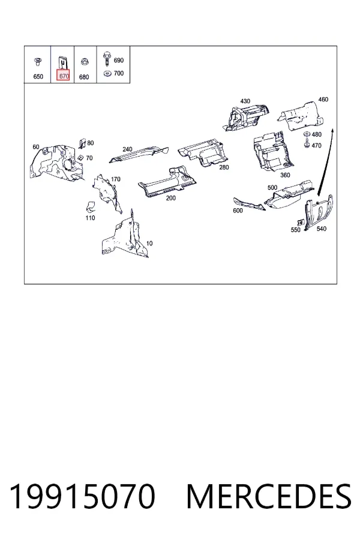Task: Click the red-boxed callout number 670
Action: pyautogui.click(x=64, y=76)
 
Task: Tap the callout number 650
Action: pyautogui.click(x=38, y=76)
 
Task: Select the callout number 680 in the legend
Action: pyautogui.click(x=84, y=77)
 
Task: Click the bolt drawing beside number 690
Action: pyautogui.click(x=107, y=59)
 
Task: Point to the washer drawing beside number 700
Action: pyautogui.click(x=107, y=73)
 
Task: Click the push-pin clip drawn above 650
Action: pyautogui.click(x=38, y=62)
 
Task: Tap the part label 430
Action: pyautogui.click(x=245, y=101)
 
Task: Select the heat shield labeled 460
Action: pyautogui.click(x=301, y=116)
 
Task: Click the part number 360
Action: pyautogui.click(x=285, y=175)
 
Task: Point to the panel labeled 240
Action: pyautogui.click(x=139, y=154)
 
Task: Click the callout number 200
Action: pyautogui.click(x=171, y=198)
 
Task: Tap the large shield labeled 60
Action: pyautogui.click(x=56, y=162)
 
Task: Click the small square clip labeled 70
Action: pyautogui.click(x=80, y=157)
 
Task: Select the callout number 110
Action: pyautogui.click(x=90, y=218)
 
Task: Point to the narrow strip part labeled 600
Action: pyautogui.click(x=249, y=204)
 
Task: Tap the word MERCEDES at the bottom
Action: pyautogui.click(x=269, y=496)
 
